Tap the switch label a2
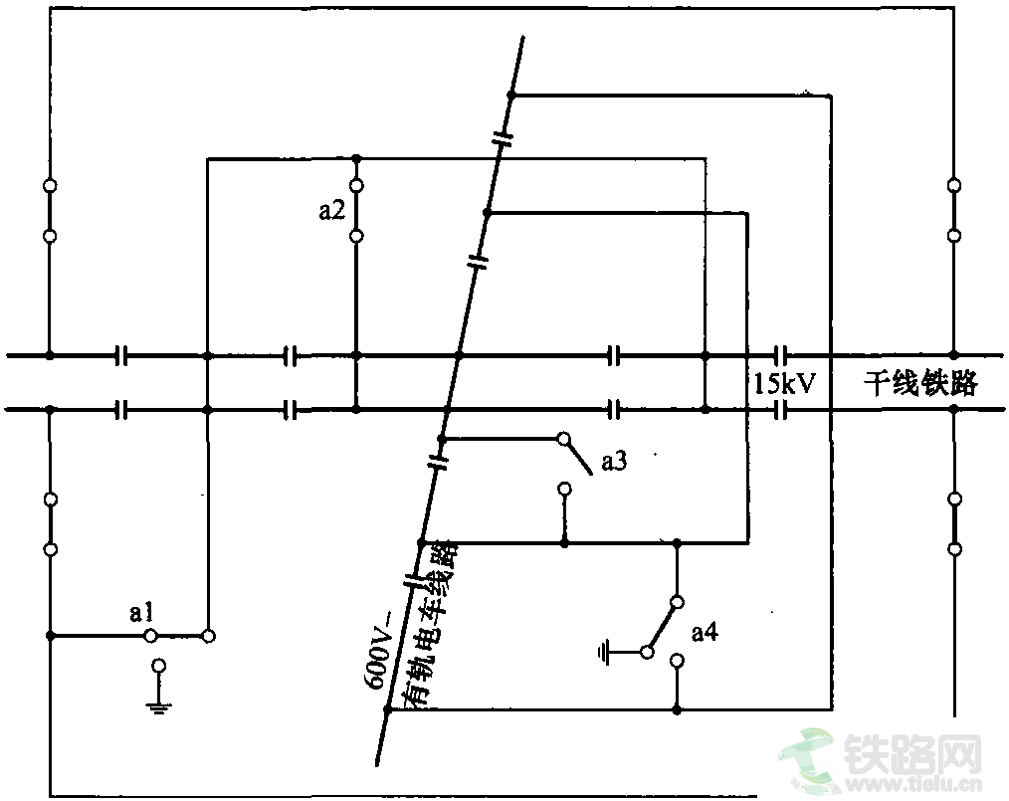(x=331, y=210)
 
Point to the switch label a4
(x=705, y=632)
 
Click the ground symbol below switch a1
(x=157, y=706)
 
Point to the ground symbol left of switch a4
(x=604, y=653)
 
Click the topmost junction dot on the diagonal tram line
(x=511, y=95)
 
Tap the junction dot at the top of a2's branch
(x=356, y=158)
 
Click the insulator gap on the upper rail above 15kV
(x=780, y=354)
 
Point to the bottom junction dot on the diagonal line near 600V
(x=389, y=709)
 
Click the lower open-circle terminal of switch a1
(x=157, y=665)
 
